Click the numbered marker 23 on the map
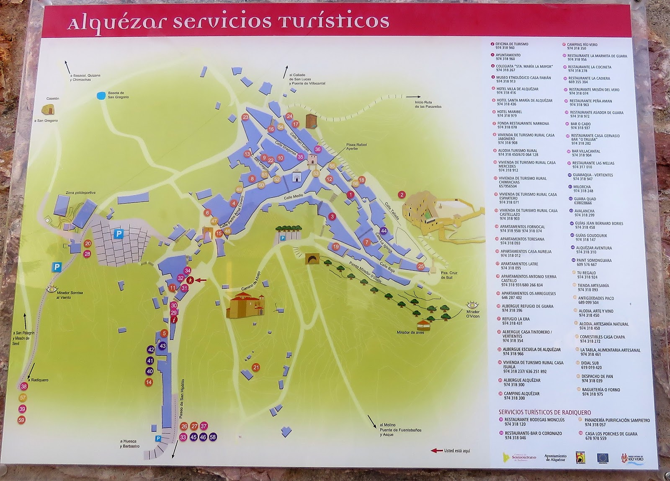[x=245, y=117]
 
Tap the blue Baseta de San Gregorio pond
[x=100, y=96]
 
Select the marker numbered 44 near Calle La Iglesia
[x=384, y=230]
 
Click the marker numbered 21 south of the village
[x=256, y=367]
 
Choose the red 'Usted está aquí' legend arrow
[x=436, y=451]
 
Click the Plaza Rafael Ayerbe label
[x=356, y=147]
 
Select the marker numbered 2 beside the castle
[x=402, y=194]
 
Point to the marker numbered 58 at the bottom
[x=213, y=437]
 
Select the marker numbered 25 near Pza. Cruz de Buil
[x=421, y=266]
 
